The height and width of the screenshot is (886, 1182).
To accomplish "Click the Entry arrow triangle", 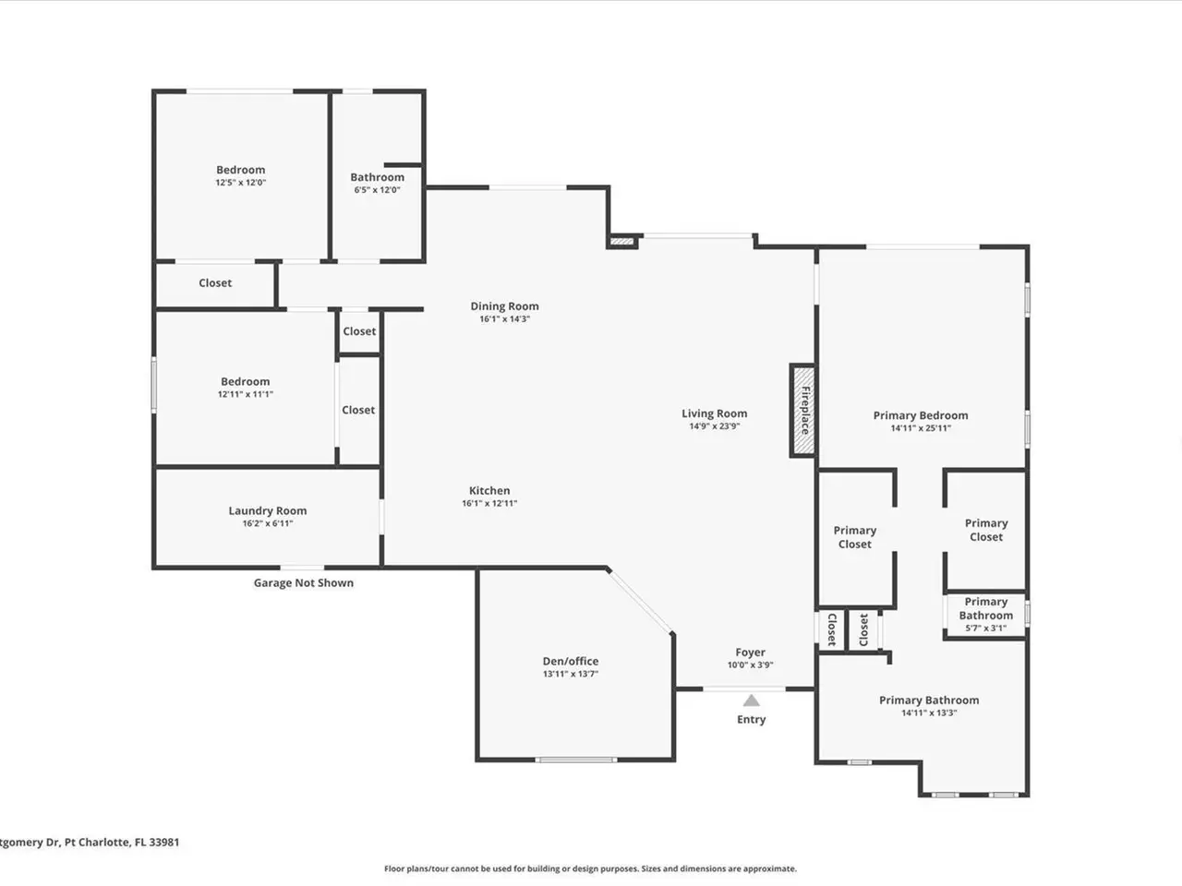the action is (x=751, y=700).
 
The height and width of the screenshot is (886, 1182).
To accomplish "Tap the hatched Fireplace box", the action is (x=802, y=411).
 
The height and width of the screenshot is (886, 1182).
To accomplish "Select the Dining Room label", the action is (x=504, y=306).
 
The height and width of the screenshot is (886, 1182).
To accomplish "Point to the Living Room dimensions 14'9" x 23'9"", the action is (x=715, y=426).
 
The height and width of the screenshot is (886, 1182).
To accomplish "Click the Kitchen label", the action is (x=489, y=491).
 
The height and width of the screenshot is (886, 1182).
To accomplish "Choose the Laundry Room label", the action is (x=268, y=510).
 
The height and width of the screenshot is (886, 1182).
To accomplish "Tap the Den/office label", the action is (x=571, y=661).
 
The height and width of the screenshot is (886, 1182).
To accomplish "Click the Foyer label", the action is (x=750, y=653).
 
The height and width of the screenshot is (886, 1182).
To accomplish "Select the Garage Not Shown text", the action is (x=304, y=582).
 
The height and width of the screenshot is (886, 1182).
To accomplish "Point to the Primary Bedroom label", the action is (x=921, y=415).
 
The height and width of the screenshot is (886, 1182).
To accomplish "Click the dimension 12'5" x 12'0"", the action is (x=241, y=183).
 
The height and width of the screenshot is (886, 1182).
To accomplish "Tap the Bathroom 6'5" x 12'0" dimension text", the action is (x=377, y=190).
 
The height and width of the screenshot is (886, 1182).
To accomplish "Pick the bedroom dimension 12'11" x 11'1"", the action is (x=246, y=394).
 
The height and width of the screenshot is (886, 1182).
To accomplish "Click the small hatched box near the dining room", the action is (x=622, y=242).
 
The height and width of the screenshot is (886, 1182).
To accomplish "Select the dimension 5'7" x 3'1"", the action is (x=986, y=629).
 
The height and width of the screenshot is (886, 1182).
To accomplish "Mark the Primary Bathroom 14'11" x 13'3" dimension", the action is (x=929, y=712).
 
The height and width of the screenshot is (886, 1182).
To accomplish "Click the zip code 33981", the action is (x=163, y=842).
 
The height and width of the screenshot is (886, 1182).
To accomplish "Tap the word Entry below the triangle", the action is (x=751, y=720).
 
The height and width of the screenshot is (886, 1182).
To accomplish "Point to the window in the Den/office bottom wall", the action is (x=575, y=760).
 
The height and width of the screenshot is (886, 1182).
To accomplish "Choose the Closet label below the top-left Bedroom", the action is (x=215, y=283).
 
